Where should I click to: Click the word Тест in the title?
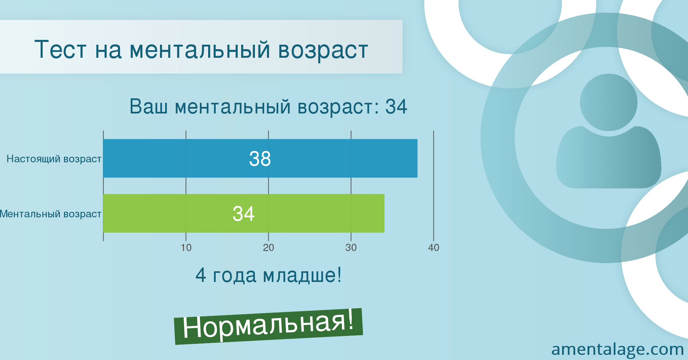(60, 50)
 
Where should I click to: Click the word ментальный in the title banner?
(200, 50)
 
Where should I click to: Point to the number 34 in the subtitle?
(396, 106)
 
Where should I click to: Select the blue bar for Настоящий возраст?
(260, 159)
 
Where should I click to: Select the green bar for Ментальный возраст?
(244, 213)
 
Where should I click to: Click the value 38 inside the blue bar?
(260, 159)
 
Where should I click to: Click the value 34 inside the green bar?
(244, 214)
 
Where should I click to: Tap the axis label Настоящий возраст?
(54, 159)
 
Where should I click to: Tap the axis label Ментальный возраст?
(51, 214)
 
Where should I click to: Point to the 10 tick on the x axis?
(186, 248)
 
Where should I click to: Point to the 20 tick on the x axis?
(269, 248)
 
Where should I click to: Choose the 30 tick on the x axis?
(351, 248)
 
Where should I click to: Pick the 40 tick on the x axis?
(434, 248)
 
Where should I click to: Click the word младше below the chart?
(300, 276)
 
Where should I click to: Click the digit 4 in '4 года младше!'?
(201, 275)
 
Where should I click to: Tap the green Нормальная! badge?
(269, 326)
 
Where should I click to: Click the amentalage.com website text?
(617, 349)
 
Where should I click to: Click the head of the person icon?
(609, 102)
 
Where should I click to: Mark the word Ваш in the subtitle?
(149, 106)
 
